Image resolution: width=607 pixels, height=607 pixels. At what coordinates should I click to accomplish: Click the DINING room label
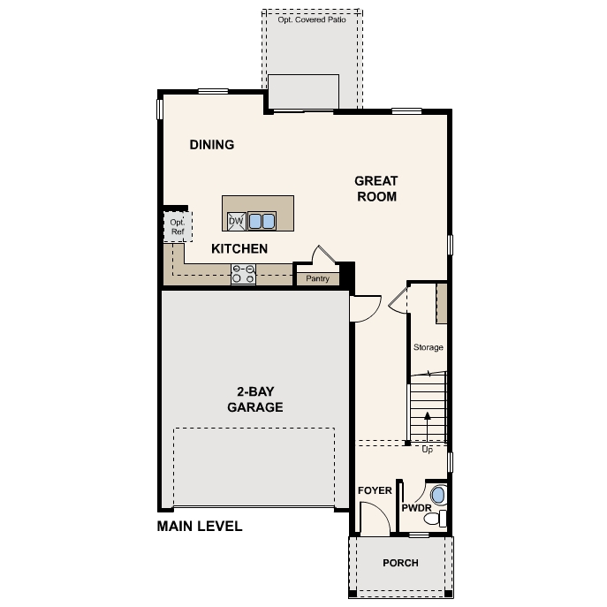click(211, 145)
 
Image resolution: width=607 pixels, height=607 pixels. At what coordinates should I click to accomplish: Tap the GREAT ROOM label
click(376, 189)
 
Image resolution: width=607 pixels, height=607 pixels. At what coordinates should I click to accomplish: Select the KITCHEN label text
click(239, 249)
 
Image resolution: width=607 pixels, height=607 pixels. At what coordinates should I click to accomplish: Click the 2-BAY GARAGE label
click(254, 399)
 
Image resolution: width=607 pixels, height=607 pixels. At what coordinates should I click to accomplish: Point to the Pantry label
click(317, 279)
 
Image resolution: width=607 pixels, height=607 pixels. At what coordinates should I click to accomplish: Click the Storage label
click(428, 347)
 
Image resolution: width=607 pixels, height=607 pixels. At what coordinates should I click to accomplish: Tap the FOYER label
click(375, 490)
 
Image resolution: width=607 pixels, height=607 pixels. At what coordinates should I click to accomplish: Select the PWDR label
click(415, 509)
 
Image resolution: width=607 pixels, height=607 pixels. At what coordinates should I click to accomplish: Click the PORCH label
click(400, 563)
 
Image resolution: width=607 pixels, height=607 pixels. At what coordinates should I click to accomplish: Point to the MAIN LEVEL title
click(200, 527)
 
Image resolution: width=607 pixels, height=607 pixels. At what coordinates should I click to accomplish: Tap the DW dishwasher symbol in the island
click(236, 220)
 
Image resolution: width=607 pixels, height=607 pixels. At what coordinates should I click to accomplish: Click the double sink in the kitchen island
click(262, 220)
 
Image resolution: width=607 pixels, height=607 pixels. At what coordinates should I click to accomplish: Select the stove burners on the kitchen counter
click(243, 275)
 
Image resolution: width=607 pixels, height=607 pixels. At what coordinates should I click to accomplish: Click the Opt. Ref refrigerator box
click(177, 227)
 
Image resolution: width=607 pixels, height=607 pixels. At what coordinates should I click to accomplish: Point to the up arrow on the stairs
click(428, 422)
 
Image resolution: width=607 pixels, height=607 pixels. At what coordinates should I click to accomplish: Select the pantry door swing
click(319, 254)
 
